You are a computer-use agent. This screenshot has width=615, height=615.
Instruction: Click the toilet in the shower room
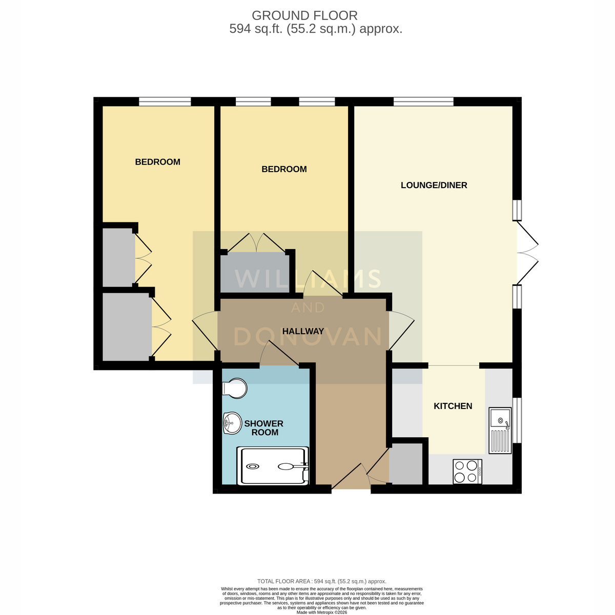[x=235, y=388]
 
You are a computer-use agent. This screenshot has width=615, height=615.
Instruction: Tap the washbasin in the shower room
[x=232, y=423]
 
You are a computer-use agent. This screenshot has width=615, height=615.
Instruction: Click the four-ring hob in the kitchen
[x=467, y=471]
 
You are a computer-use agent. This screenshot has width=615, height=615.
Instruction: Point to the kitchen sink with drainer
[x=500, y=430]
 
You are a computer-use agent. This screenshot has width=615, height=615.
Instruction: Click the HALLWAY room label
[x=303, y=331]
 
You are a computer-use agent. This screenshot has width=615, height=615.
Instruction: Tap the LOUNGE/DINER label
[x=434, y=185]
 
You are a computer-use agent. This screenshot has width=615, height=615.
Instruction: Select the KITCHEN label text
[x=453, y=406]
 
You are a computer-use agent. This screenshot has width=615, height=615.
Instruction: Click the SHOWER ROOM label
[x=264, y=427]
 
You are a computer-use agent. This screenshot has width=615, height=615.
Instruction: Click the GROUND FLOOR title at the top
[x=304, y=15]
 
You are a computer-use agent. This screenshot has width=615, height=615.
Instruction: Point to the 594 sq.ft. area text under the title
[x=316, y=29]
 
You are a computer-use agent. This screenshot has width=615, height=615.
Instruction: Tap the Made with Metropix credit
[x=322, y=612]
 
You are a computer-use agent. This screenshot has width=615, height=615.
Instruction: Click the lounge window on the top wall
[x=423, y=101]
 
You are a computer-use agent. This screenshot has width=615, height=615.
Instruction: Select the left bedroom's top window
[x=165, y=101]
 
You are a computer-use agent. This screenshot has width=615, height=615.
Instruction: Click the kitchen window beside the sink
[x=517, y=420]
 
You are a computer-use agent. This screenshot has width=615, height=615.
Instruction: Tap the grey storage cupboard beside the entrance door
[x=405, y=464]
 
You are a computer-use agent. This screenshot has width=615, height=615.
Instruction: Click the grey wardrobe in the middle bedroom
[x=255, y=272]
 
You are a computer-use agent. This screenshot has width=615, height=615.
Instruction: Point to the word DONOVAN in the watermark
[x=308, y=337]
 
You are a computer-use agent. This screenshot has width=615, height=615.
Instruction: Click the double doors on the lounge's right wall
[x=528, y=253]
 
